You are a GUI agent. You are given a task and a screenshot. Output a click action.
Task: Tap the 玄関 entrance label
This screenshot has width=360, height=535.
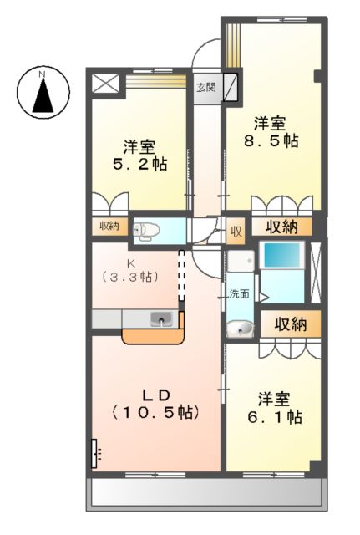tap(205, 87)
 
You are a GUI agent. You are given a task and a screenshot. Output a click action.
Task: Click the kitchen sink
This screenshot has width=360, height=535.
tap(161, 318)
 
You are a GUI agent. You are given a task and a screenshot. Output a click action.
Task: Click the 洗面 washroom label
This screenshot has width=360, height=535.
tap(240, 293)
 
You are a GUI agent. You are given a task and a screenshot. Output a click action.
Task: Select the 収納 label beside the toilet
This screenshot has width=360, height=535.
tap(110, 226)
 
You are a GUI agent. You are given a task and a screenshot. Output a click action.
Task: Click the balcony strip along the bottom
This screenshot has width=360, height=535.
tap(205, 494)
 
